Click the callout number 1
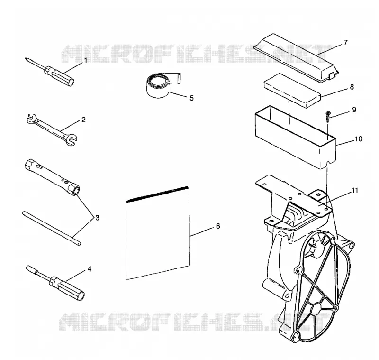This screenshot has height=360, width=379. (x=85, y=61)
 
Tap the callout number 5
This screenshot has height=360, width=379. (x=191, y=98)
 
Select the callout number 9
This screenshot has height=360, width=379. (x=354, y=110)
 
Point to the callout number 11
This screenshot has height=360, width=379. (x=354, y=191)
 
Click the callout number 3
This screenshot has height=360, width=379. (x=97, y=218)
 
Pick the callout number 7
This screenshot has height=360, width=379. (x=346, y=43)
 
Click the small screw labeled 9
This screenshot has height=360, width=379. (x=328, y=117)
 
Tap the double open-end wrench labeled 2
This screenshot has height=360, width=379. (x=52, y=129)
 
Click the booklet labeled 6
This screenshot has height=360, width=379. (x=158, y=233)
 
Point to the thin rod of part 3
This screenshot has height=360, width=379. (x=52, y=229)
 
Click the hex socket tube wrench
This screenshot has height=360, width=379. (x=53, y=177)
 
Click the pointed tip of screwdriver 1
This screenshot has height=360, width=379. (x=25, y=58)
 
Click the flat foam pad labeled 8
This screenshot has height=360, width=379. (x=292, y=90)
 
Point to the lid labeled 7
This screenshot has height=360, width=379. (x=297, y=58)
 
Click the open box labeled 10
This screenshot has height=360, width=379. (x=295, y=137)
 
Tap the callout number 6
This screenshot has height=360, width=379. (x=218, y=226)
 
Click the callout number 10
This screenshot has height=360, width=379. (x=359, y=139)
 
